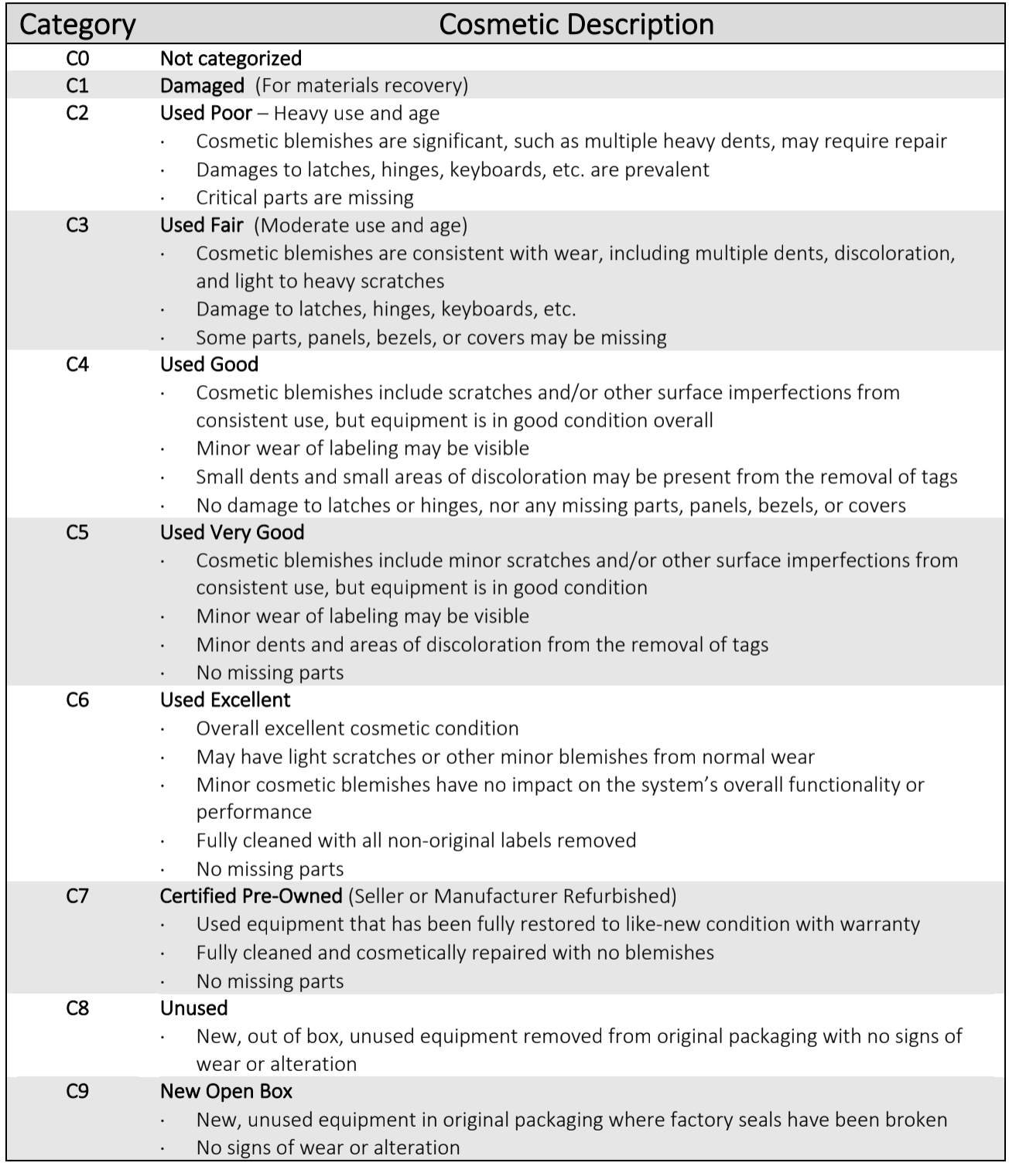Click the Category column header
click(77, 25)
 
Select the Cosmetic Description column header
click(576, 25)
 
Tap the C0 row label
click(77, 58)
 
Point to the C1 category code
click(77, 85)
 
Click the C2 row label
click(77, 113)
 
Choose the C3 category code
click(77, 225)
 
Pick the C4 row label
click(77, 364)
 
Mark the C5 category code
click(77, 532)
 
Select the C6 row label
click(77, 700)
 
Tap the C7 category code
click(77, 895)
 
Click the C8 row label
click(77, 1008)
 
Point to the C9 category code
click(77, 1091)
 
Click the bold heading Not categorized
click(231, 58)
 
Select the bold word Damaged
click(202, 85)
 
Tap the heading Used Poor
click(206, 113)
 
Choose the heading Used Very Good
click(232, 532)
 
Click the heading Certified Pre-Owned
click(251, 895)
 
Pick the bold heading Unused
click(193, 1008)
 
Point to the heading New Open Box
click(226, 1091)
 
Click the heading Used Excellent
click(225, 700)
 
